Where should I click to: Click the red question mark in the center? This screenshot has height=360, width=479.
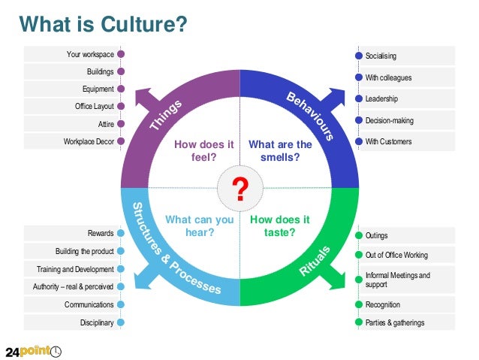240,189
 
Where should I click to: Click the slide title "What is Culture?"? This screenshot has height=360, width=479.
103,23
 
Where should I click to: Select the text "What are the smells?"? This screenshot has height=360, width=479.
280,151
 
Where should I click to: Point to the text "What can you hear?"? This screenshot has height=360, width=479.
199,226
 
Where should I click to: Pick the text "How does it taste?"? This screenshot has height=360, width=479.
280,226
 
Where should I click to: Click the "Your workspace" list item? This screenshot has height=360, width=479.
90,54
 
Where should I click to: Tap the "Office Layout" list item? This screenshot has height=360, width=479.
94,107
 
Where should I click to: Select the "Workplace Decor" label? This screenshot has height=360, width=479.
89,141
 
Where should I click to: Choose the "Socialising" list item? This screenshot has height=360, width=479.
381,56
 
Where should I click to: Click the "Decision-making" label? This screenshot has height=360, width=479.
389,120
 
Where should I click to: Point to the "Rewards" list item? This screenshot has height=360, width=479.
101,233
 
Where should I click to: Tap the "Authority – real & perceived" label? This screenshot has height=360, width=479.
74,286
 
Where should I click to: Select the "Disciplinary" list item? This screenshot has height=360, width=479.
97,323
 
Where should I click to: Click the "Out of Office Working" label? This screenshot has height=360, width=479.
397,255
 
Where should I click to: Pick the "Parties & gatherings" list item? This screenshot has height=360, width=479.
394,322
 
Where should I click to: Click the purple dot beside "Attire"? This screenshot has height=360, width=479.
121,124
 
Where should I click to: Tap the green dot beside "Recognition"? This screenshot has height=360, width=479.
358,304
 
